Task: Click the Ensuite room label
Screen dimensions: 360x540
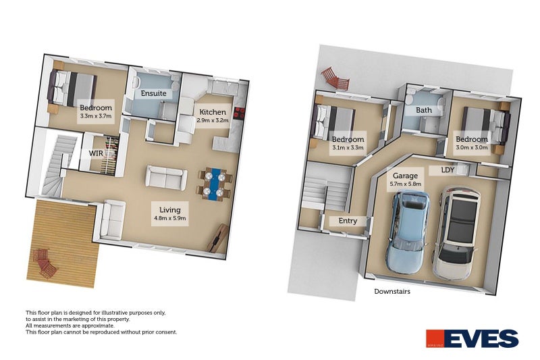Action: click(x=153, y=94)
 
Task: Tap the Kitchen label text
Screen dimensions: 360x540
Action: click(x=213, y=111)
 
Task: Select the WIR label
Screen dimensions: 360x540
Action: click(x=97, y=153)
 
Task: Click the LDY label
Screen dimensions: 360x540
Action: click(x=448, y=170)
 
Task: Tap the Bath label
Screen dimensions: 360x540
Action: click(x=424, y=110)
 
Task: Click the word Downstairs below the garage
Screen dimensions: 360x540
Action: click(x=393, y=292)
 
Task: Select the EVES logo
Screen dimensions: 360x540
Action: click(x=472, y=338)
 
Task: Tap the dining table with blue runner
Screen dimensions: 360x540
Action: click(x=215, y=183)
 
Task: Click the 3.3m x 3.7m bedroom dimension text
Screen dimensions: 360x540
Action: click(x=95, y=116)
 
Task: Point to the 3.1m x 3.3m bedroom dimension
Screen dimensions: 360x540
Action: click(x=348, y=147)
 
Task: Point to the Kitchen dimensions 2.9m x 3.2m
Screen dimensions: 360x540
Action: click(x=213, y=120)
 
